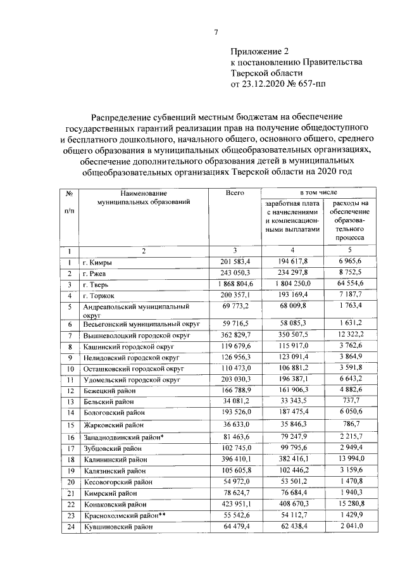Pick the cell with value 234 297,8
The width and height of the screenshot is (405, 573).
click(289, 273)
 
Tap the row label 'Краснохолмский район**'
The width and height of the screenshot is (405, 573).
click(123, 516)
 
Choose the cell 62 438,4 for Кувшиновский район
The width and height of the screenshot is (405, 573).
click(289, 527)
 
